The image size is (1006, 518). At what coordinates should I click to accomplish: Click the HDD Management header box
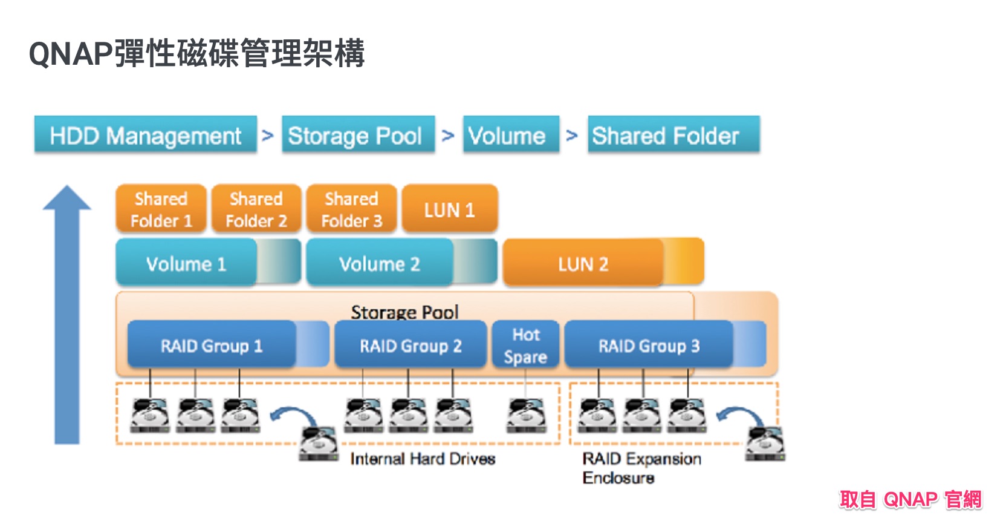(x=145, y=135)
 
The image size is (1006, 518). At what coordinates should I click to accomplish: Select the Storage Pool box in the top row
(x=358, y=135)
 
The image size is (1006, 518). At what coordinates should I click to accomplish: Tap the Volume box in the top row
(x=510, y=135)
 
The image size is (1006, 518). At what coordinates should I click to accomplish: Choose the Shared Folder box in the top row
(x=673, y=135)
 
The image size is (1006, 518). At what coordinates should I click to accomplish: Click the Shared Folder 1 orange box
(x=161, y=209)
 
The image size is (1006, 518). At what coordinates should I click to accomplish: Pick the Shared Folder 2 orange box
(x=256, y=209)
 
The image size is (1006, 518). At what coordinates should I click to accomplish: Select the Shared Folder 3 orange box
(x=351, y=209)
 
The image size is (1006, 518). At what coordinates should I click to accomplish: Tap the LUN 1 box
(x=449, y=209)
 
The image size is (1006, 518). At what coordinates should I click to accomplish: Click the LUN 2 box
(x=584, y=263)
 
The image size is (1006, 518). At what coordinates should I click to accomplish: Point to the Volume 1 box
(x=186, y=263)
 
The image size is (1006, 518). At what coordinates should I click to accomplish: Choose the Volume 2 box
(x=380, y=263)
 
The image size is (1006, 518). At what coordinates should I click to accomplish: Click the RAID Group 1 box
(x=212, y=345)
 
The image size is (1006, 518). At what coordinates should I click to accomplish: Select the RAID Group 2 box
(x=411, y=345)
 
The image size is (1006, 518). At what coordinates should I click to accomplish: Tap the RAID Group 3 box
(x=649, y=345)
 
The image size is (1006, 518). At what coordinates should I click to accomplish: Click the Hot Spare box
(x=525, y=345)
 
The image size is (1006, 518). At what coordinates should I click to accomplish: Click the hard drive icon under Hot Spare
(x=526, y=416)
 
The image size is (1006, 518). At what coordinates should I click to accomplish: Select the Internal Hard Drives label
(x=423, y=459)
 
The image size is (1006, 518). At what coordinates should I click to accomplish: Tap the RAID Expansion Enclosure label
(x=641, y=468)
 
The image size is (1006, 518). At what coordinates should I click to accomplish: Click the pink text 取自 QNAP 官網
(x=910, y=499)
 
